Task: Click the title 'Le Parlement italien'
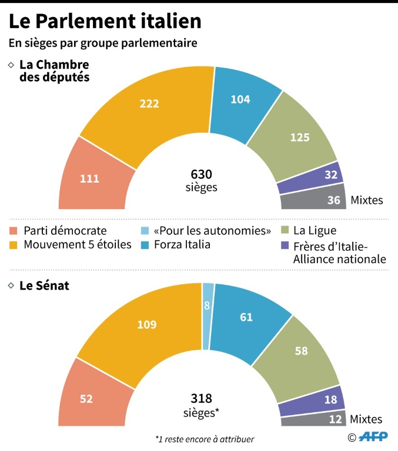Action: click(105, 21)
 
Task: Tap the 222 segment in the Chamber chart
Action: click(149, 103)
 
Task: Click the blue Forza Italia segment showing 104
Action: click(240, 99)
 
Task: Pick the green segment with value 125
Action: click(300, 138)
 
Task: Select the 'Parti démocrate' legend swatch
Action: click(14, 231)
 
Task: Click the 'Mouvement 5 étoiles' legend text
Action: click(78, 244)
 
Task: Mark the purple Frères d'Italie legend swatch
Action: click(286, 245)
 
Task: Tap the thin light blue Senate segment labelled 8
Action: click(208, 305)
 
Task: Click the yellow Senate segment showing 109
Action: click(146, 324)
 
